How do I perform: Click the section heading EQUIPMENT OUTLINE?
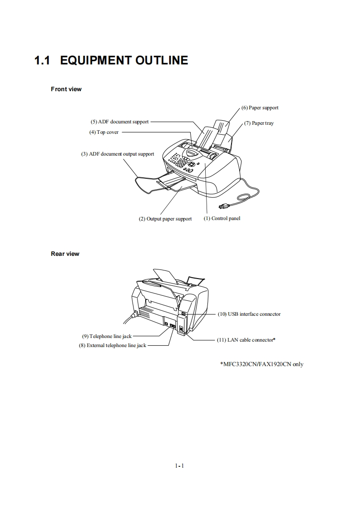point(124,60)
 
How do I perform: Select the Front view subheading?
point(66,89)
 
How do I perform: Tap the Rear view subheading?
point(65,254)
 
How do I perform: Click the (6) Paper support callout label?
point(260,108)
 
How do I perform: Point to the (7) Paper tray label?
point(259,123)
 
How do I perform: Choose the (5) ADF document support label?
point(120,122)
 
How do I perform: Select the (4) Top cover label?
point(104,132)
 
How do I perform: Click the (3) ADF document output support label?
point(118,154)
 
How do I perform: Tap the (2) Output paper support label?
point(165,219)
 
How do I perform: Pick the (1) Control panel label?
point(222,219)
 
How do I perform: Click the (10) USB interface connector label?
point(249,314)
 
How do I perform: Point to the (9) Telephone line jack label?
point(107,337)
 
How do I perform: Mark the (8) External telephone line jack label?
point(113,346)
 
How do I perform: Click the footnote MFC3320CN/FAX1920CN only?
point(261,364)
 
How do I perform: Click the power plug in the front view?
point(223,207)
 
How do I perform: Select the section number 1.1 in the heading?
point(43,60)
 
